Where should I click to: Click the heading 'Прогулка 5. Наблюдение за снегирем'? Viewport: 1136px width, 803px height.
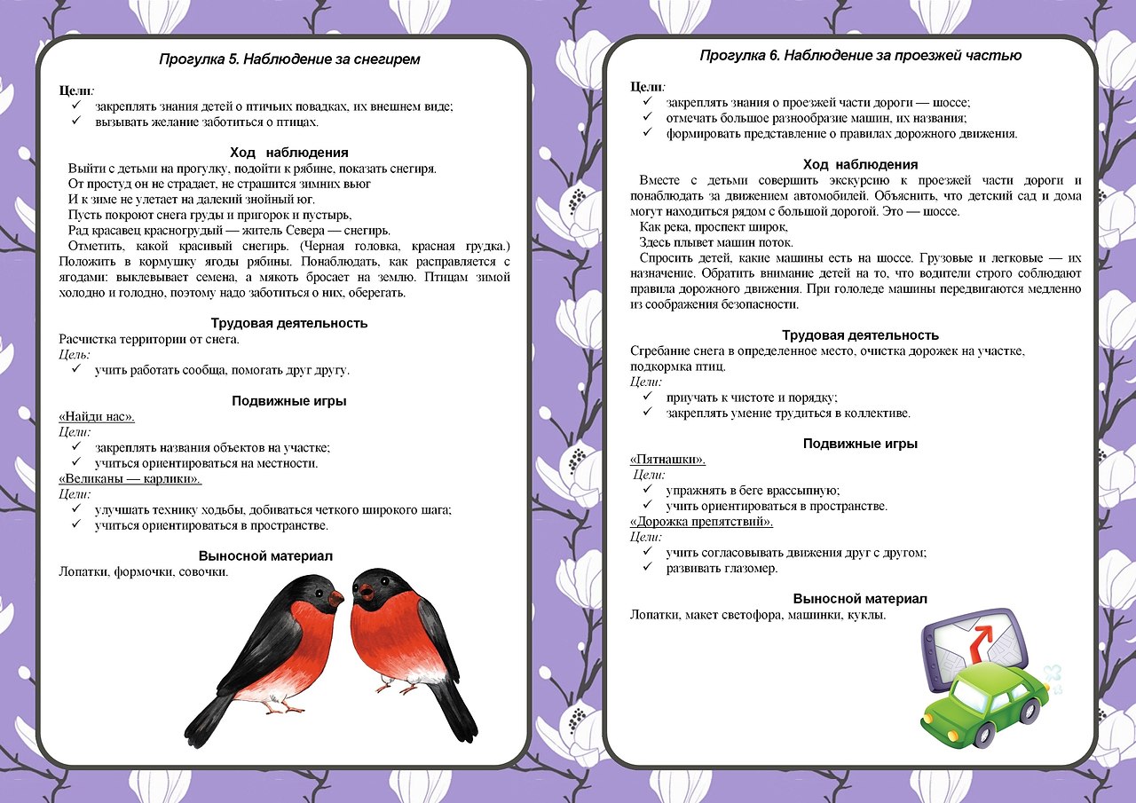pos(289,59)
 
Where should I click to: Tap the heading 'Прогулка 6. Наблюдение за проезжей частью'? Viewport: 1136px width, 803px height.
pos(860,55)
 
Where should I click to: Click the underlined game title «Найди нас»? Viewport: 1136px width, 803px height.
pos(97,416)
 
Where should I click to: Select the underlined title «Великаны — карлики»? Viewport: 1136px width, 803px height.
pos(130,479)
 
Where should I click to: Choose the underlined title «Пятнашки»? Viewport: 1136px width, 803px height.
pos(667,459)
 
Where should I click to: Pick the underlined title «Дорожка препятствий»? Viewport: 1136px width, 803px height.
pos(701,522)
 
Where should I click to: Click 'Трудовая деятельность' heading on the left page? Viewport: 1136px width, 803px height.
pos(289,323)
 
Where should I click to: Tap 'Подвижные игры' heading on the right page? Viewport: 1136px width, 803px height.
pos(860,444)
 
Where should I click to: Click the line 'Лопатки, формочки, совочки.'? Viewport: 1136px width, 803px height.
pos(144,571)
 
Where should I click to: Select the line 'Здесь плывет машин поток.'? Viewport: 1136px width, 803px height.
pos(716,243)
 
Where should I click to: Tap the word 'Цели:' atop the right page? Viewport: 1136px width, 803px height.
pos(647,86)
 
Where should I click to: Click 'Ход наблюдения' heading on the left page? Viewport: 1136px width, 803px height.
pos(288,153)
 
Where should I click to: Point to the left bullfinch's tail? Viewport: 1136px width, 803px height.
pos(206,723)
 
